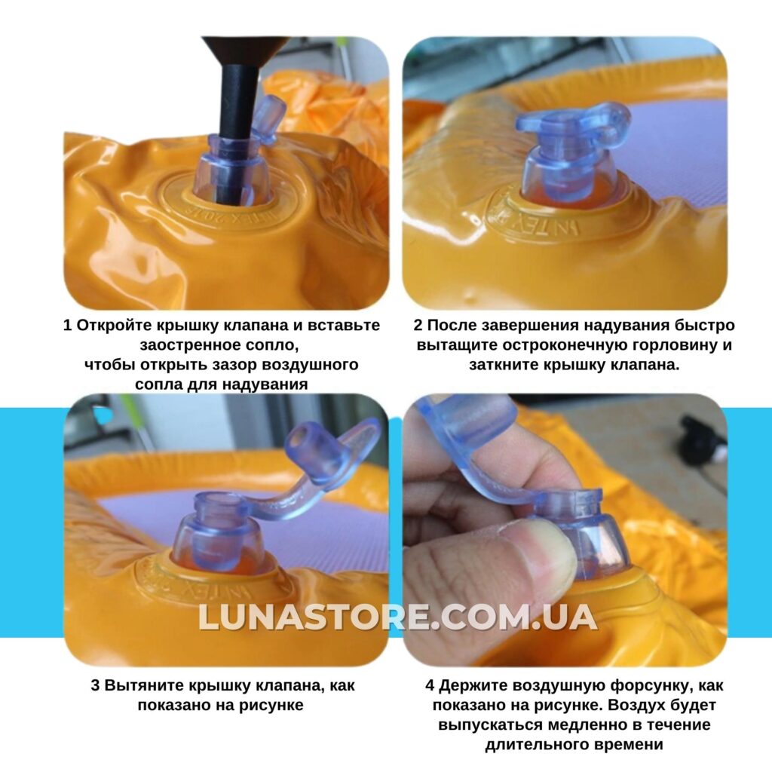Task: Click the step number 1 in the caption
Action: pos(68,326)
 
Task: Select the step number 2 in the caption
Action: pos(418,326)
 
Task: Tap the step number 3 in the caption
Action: pos(96,685)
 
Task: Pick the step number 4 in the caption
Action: pos(430,685)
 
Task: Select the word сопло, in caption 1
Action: pos(271,345)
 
